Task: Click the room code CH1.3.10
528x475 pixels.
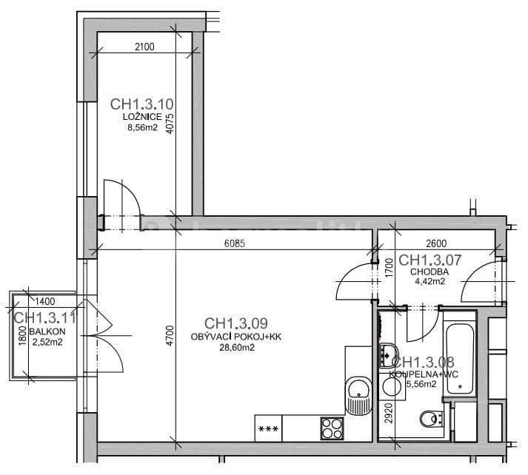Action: click(x=141, y=104)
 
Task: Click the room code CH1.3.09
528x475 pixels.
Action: click(x=235, y=323)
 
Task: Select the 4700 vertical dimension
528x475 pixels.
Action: click(x=170, y=337)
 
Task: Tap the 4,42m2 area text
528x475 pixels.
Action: click(x=428, y=281)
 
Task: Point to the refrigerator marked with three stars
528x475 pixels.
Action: click(x=268, y=427)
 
